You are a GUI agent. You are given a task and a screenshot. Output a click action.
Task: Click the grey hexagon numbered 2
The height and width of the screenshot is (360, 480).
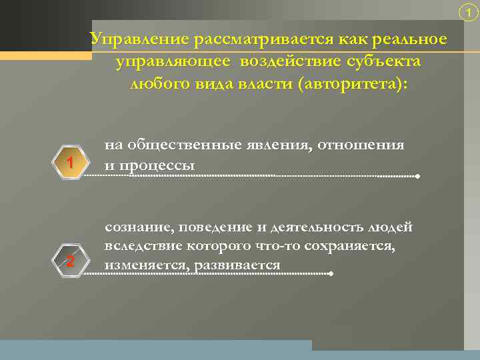[69, 261]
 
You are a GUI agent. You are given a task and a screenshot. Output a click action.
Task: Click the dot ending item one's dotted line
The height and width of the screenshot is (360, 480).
[417, 177]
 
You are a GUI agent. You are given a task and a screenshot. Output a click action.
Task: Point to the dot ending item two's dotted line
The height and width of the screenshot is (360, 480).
[331, 274]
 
